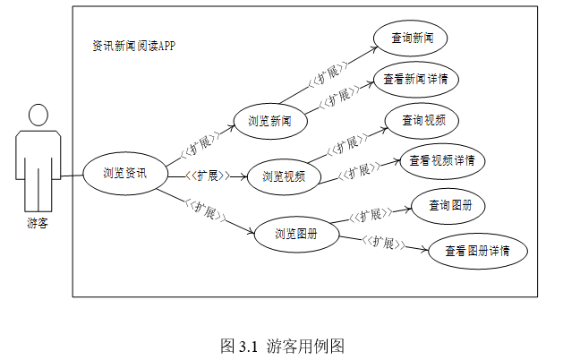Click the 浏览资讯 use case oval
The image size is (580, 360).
click(124, 174)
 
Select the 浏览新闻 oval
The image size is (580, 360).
click(269, 121)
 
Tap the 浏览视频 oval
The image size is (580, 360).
click(284, 176)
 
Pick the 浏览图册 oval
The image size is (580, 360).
click(295, 235)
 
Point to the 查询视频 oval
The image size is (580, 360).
click(423, 120)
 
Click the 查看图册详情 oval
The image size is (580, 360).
click(478, 252)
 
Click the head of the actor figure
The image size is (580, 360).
click(38, 116)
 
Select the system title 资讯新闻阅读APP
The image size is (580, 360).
click(134, 45)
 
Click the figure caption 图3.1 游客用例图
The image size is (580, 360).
click(283, 345)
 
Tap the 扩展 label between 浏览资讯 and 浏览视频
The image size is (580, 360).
click(207, 176)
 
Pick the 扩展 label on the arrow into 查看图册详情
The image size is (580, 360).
click(386, 244)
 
